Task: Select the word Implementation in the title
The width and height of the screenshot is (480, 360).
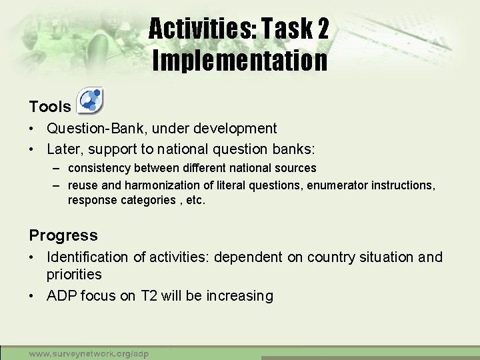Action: [240, 61]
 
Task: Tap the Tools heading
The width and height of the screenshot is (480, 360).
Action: [50, 107]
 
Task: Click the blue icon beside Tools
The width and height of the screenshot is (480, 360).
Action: [90, 101]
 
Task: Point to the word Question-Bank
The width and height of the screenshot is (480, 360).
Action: [90, 128]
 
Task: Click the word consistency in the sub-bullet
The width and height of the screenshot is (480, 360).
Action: [100, 168]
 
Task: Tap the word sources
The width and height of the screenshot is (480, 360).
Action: [297, 168]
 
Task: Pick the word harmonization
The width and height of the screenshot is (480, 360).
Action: [158, 185]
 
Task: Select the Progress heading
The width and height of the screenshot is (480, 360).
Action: [63, 235]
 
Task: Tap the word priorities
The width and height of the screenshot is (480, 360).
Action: [74, 275]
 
